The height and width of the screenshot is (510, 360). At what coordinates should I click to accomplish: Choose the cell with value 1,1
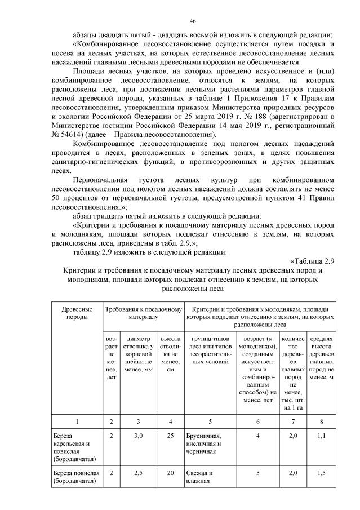[321, 436]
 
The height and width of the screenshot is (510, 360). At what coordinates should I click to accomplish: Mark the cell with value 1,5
[321, 472]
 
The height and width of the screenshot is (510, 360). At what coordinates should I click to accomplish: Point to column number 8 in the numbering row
[321, 421]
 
